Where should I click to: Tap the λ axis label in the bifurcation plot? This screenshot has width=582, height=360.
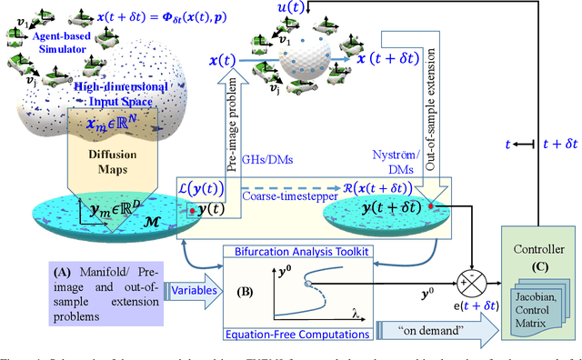pos(356,315)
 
